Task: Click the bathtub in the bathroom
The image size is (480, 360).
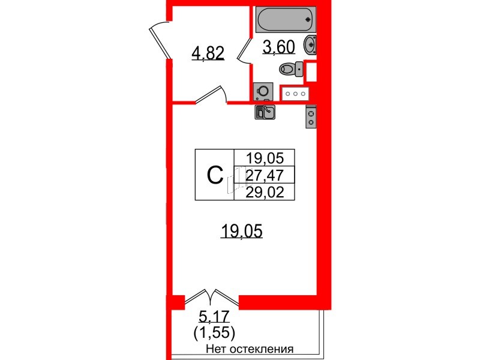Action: point(286,19)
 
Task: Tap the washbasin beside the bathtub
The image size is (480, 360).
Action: point(310,45)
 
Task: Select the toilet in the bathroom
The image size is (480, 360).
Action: point(291,69)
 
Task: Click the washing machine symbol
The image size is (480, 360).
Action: point(263,91)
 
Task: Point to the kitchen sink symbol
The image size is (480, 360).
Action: point(265,112)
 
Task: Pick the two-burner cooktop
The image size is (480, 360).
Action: point(311,116)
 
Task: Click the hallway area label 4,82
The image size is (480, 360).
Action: point(208,53)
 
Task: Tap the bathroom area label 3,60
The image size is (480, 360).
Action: point(278,47)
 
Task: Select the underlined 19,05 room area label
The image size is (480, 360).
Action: point(242,231)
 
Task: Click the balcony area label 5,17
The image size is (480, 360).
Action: point(214,317)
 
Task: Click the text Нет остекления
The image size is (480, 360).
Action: point(250,349)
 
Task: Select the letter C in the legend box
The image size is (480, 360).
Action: point(215,175)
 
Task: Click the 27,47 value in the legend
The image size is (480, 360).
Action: point(265,175)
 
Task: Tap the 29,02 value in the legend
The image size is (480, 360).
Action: point(265,192)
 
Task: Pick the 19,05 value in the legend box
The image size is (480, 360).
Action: point(265,158)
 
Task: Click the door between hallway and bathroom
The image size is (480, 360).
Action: point(245,50)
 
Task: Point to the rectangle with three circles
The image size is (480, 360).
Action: point(295,94)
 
